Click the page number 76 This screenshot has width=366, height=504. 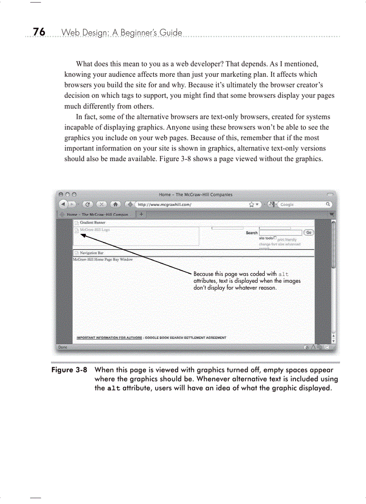[x=39, y=32]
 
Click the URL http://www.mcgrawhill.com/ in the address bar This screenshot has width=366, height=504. [x=164, y=204]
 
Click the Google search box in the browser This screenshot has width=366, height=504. [x=303, y=204]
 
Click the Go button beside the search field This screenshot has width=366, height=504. [x=309, y=232]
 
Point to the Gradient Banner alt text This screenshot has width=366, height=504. [x=92, y=223]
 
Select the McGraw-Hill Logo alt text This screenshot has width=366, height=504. [x=94, y=229]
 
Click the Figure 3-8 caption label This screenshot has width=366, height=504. [x=69, y=370]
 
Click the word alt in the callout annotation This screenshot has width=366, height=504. [x=283, y=274]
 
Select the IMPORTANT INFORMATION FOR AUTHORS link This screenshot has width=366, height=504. [x=109, y=337]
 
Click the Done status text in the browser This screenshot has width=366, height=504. [x=63, y=347]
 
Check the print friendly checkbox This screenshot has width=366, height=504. [x=275, y=238]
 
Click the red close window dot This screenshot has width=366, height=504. [x=60, y=195]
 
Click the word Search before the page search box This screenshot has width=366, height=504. [x=252, y=233]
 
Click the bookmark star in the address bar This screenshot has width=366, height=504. [x=252, y=204]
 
